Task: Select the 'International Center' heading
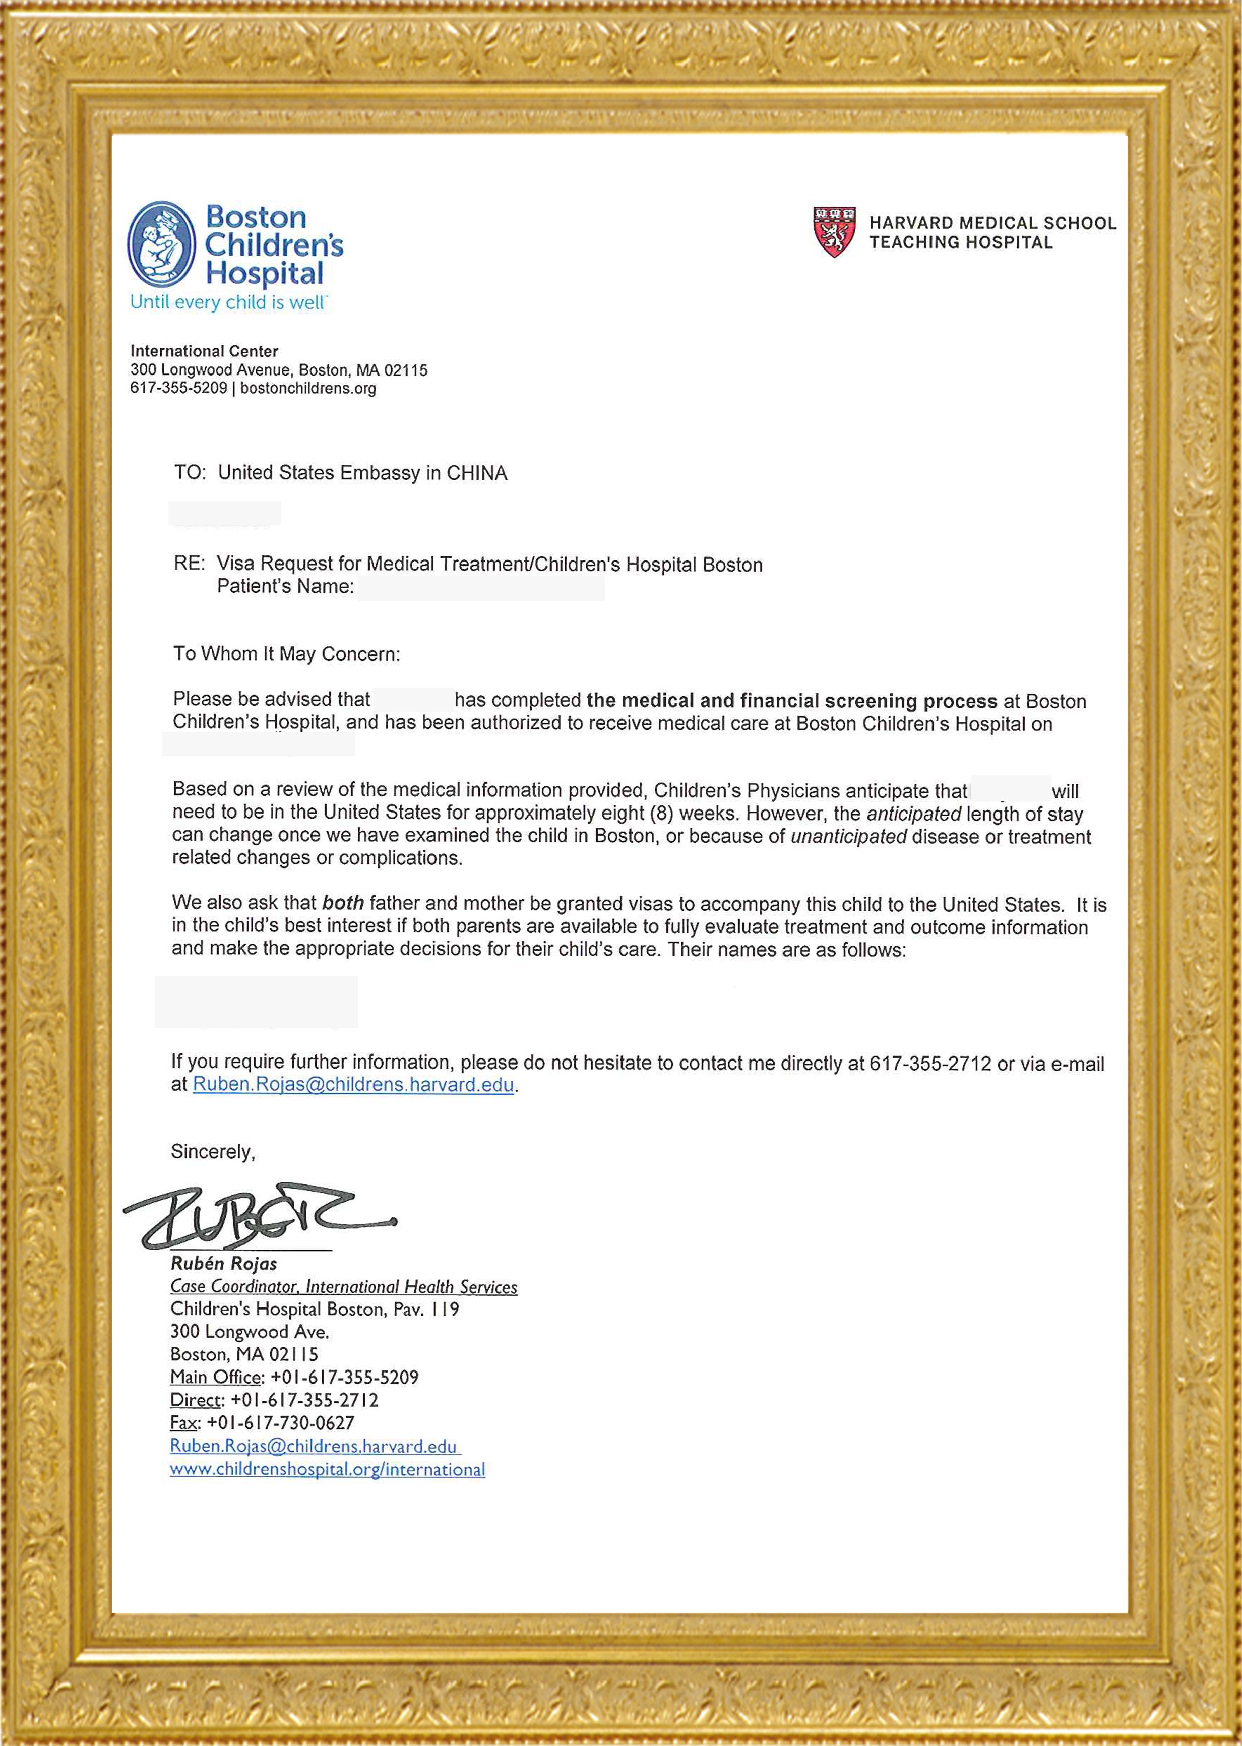[x=204, y=351]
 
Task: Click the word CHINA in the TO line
[x=476, y=473]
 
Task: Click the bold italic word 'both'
[x=343, y=903]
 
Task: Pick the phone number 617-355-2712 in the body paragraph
[x=930, y=1063]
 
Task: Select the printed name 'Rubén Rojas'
[x=223, y=1264]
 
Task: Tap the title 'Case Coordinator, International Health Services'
[x=343, y=1287]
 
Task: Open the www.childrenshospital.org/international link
[x=327, y=1469]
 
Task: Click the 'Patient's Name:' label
[x=285, y=587]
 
